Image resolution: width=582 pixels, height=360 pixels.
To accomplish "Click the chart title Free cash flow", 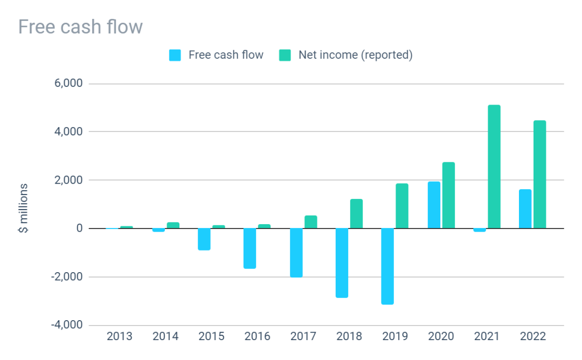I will point(80,26).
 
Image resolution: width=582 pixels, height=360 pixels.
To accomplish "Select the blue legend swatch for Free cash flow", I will point(175,55).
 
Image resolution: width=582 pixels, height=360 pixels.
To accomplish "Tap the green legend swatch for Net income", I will point(285,55).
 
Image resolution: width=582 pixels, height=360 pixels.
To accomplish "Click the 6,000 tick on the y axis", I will point(67,84).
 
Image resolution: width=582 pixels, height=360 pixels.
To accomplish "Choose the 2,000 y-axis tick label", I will point(67,181).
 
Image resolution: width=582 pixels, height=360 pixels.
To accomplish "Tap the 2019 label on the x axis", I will point(396,337).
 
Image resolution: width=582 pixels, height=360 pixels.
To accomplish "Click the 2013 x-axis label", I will point(120,337).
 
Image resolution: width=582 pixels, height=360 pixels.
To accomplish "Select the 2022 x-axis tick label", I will point(533,337).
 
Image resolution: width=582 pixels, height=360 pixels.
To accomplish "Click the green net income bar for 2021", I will point(494,167).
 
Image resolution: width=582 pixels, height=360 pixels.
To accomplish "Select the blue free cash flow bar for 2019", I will point(387,266).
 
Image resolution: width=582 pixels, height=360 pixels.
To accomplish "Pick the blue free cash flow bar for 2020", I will point(434,205).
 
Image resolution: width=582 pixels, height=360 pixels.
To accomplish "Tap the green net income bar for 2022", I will point(539,174).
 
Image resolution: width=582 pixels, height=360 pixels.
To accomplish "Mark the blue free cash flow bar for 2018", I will point(342,263).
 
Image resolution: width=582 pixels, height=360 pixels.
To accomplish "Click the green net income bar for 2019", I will point(402,206).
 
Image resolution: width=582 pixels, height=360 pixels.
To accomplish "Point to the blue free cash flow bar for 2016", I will point(250,248).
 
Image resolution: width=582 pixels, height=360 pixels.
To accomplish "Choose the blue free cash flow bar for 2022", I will point(525,209).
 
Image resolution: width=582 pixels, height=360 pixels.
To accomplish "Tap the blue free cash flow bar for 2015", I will point(204,239).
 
